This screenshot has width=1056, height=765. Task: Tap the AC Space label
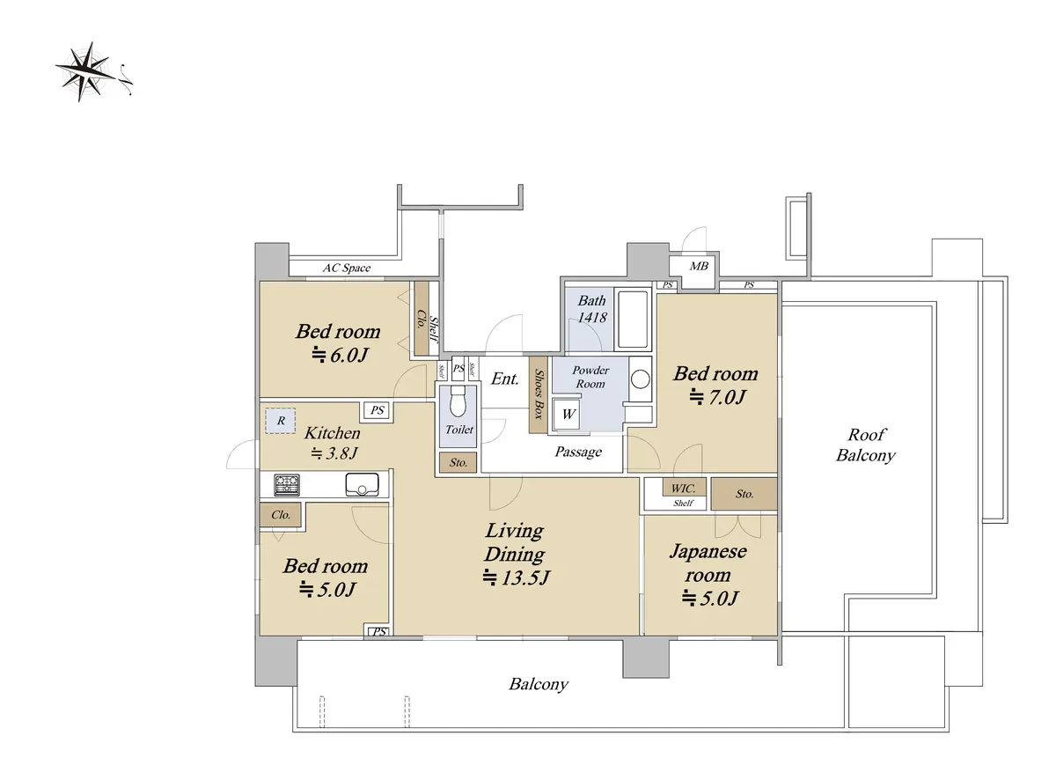tap(347, 268)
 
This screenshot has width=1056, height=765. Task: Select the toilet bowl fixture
tap(458, 401)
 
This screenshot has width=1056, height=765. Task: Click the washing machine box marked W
tap(568, 414)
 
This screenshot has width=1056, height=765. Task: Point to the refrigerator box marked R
tap(281, 421)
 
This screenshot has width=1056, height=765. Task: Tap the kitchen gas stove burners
tap(287, 485)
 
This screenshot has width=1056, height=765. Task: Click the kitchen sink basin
tap(362, 484)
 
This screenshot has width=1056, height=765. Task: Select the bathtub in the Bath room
tap(633, 319)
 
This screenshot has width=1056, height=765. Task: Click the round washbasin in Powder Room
tap(641, 379)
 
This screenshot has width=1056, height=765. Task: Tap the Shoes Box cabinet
tap(538, 394)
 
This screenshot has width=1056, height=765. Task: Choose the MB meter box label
tap(699, 267)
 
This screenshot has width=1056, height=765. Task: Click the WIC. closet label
tap(683, 488)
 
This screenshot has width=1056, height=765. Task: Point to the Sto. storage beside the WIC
tap(744, 494)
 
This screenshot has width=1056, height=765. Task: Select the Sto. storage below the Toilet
tap(458, 463)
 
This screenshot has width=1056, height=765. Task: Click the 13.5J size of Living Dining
tap(517, 577)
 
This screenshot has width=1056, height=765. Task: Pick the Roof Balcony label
tap(866, 445)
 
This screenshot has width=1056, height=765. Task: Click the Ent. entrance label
tap(504, 379)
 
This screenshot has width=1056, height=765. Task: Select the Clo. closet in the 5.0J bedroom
tap(281, 515)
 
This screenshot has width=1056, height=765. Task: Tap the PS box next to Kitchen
tap(378, 410)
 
